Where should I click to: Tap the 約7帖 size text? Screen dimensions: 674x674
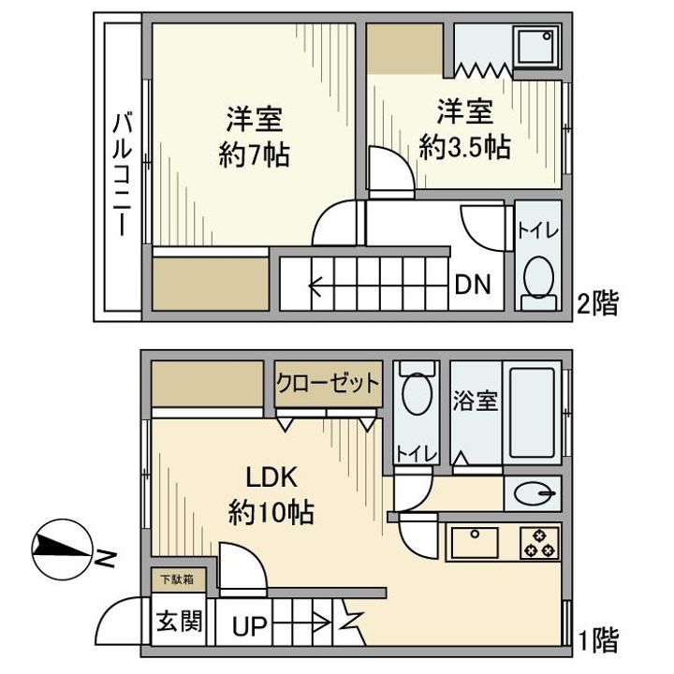click(254, 154)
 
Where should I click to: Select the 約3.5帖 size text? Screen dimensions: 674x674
click(464, 147)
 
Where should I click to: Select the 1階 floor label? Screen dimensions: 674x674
click(596, 641)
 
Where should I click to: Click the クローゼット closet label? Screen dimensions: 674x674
click(328, 383)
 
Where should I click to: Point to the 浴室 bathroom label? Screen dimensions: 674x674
click(475, 402)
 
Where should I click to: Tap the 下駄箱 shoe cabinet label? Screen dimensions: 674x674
click(175, 580)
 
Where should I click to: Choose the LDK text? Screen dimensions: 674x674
click(271, 478)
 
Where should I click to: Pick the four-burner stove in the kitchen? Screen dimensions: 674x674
click(538, 543)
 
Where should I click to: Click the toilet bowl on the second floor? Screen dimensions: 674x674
click(538, 276)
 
